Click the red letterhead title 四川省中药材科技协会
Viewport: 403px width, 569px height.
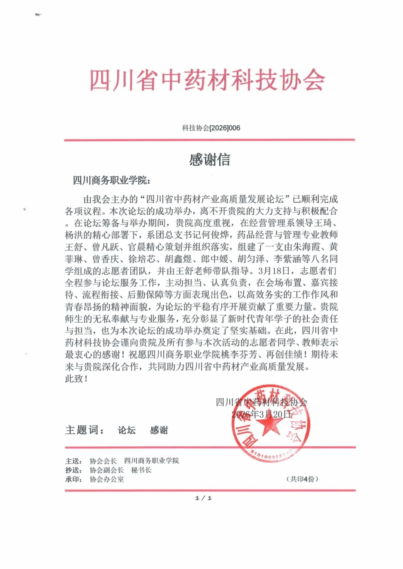(x=207, y=80)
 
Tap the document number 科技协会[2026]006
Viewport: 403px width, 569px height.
(x=211, y=128)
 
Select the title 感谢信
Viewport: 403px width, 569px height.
(x=209, y=160)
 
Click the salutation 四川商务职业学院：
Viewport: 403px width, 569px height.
(x=111, y=181)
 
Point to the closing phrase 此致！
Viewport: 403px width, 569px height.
(x=77, y=379)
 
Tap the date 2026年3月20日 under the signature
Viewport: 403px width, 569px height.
(x=261, y=414)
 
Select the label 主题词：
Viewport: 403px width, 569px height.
(x=85, y=430)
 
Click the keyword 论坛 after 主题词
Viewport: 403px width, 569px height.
(x=127, y=430)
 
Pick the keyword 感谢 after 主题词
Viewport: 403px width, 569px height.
(x=159, y=430)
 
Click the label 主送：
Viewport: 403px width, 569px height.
(x=74, y=461)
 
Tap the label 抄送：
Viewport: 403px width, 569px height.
(x=74, y=470)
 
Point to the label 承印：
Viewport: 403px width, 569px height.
(x=74, y=479)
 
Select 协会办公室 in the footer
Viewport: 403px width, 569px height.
(x=107, y=479)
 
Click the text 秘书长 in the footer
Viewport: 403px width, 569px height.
(x=141, y=470)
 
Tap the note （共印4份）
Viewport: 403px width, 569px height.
(x=302, y=479)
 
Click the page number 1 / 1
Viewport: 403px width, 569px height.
(x=203, y=498)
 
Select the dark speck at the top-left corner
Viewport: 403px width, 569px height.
(x=38, y=15)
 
